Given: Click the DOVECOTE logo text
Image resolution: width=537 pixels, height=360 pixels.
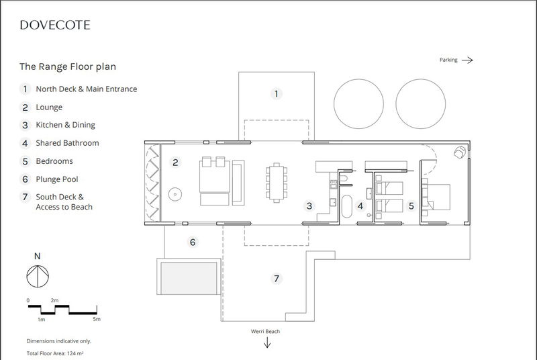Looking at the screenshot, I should click(55, 26).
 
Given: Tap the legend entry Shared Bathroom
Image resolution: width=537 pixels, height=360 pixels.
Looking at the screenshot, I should click(67, 143).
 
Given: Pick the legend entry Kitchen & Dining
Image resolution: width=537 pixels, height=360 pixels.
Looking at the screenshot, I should click(65, 125).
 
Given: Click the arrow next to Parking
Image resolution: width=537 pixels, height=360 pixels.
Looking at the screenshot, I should click(467, 60).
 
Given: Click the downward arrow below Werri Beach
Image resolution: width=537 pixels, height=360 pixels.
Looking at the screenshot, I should click(267, 343).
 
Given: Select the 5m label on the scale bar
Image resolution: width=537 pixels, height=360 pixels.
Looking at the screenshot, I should click(97, 318).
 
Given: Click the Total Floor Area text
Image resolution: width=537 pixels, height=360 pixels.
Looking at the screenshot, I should click(60, 353).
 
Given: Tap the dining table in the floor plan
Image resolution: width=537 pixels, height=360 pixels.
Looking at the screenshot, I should click(276, 183).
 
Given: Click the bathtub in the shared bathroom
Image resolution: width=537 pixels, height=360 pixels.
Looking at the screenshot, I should click(347, 208).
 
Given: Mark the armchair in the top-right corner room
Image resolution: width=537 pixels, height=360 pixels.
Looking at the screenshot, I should click(460, 152).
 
